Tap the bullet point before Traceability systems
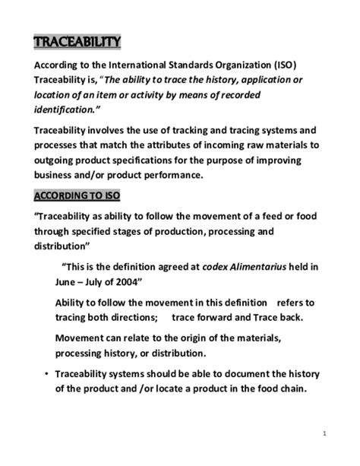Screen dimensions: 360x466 (47, 374)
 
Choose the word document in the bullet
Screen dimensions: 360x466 (232, 374)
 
